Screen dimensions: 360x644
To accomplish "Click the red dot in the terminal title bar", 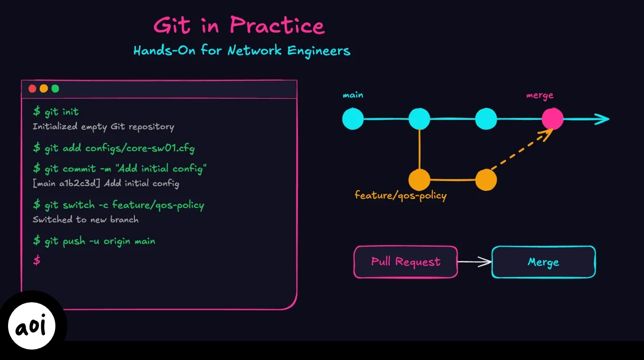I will [32, 89].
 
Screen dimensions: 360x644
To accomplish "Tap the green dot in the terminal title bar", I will [55, 89].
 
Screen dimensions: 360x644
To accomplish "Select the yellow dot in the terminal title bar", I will [44, 89].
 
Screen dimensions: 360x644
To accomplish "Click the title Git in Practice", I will [240, 26].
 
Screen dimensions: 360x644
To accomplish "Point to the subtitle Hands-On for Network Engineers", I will [241, 51].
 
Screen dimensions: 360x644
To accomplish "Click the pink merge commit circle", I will [553, 119].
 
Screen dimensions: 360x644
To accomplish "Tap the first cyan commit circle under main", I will [353, 119].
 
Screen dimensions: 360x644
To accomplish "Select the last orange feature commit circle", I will [486, 180].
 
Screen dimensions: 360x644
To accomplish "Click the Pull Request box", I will [406, 261].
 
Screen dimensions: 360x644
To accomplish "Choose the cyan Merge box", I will [544, 261].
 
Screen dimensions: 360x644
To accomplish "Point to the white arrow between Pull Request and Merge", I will [474, 261].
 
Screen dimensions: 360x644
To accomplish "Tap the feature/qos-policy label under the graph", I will [401, 195].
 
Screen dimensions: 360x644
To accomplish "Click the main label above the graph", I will [353, 95].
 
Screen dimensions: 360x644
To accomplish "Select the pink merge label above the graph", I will [540, 95].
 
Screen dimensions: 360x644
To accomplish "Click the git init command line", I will [56, 112].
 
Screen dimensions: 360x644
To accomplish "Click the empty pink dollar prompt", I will [36, 260].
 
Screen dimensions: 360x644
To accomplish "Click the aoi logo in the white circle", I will [32, 326].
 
